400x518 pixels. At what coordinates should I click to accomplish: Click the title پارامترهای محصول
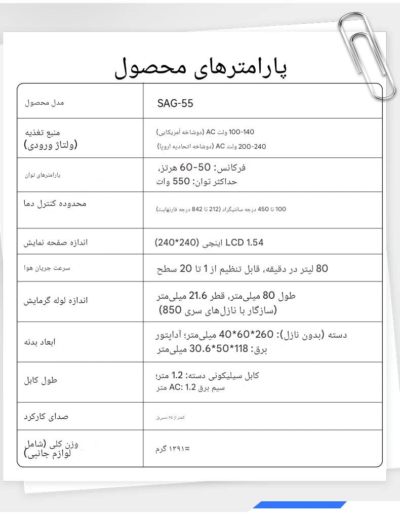pos(201,68)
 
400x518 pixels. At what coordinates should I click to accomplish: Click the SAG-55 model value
pos(175,103)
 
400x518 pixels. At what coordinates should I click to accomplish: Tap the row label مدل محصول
pos(45,103)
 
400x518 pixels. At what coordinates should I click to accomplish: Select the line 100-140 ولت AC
pos(205,132)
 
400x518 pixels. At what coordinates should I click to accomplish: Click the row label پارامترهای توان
pos(43,175)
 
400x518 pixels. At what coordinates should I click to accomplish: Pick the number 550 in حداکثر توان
pos(180,181)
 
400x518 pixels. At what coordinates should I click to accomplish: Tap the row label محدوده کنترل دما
pos(55,204)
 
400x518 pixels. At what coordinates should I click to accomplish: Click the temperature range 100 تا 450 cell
pos(221,209)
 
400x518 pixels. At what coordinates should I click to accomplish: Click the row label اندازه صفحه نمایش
pos(55,243)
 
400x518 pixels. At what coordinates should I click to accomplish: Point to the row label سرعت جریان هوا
pos(47,267)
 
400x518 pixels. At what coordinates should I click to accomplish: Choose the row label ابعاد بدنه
pos(40,342)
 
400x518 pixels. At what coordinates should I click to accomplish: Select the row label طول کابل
pos(41,380)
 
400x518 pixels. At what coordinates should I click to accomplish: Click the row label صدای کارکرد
pos(46,417)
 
